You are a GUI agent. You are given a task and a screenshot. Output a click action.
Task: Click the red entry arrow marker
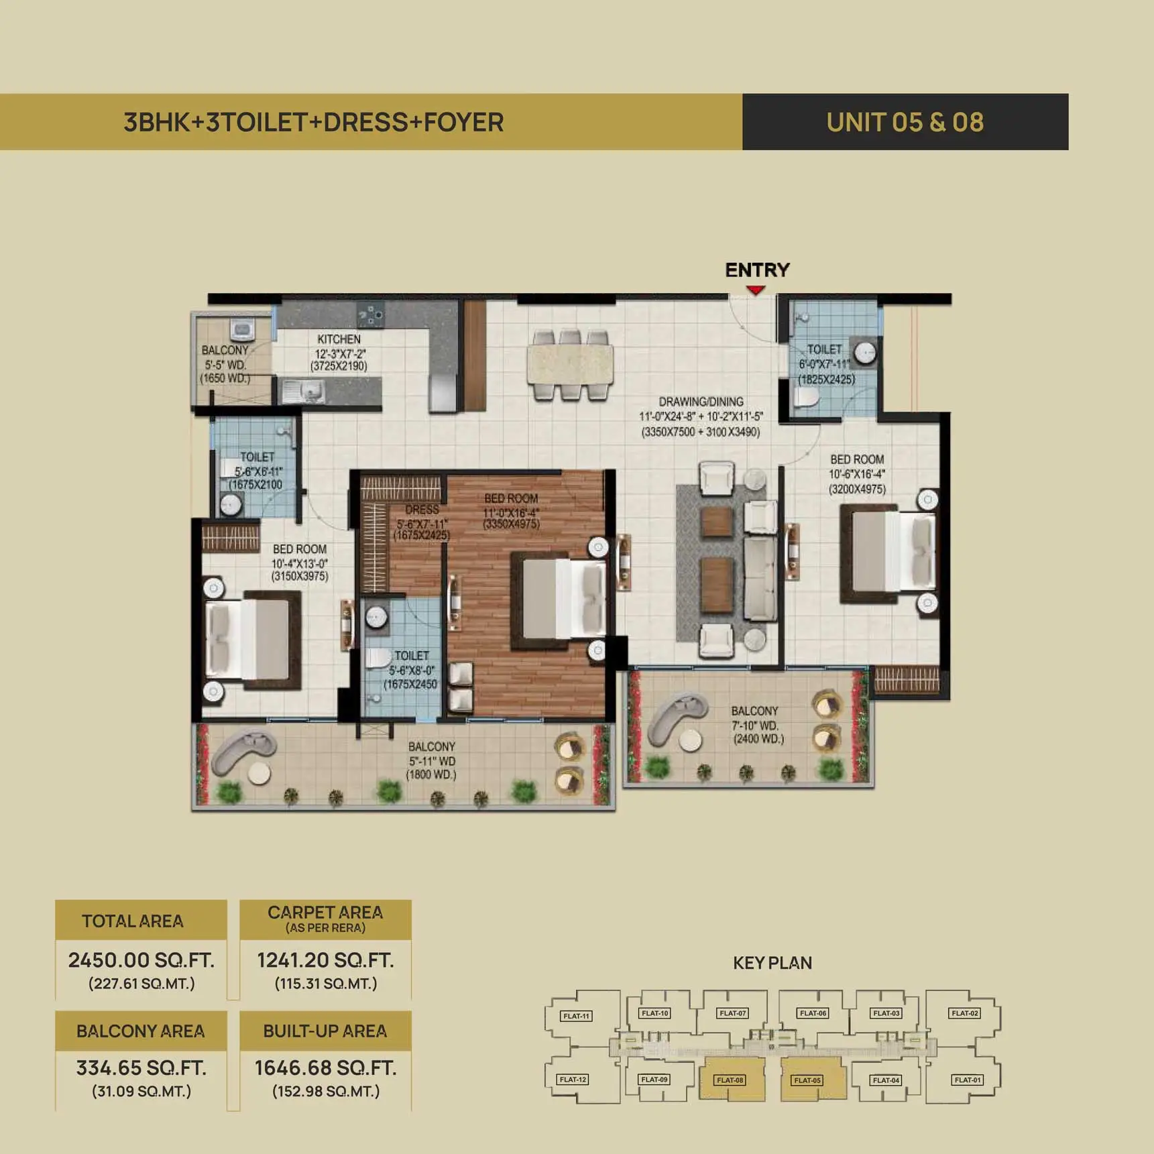[756, 290]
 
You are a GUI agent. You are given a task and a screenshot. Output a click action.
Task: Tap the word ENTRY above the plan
[757, 270]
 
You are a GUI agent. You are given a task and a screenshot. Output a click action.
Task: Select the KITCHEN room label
[339, 339]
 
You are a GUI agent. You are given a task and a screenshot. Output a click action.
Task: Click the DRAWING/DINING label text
[701, 402]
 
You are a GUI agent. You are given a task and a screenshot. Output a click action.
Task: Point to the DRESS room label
[422, 510]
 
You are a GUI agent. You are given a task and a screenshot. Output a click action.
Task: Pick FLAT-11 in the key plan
[576, 1016]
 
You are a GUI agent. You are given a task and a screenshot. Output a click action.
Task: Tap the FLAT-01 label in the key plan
[968, 1080]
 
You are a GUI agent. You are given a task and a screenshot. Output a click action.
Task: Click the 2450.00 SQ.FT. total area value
[141, 960]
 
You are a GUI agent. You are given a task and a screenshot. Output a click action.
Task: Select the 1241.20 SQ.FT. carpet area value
[326, 960]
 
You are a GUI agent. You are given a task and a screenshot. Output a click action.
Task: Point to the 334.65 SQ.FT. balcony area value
[141, 1068]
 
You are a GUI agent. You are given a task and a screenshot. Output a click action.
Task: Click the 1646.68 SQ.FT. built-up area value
[326, 1068]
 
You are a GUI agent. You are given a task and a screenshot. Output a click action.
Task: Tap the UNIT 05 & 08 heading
[905, 122]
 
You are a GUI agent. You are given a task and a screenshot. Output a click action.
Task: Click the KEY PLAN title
[772, 963]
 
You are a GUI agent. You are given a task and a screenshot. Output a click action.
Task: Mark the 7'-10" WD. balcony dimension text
[755, 726]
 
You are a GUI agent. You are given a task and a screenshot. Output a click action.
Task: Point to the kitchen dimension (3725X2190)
[339, 366]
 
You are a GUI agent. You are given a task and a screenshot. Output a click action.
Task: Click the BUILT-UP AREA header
[325, 1031]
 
